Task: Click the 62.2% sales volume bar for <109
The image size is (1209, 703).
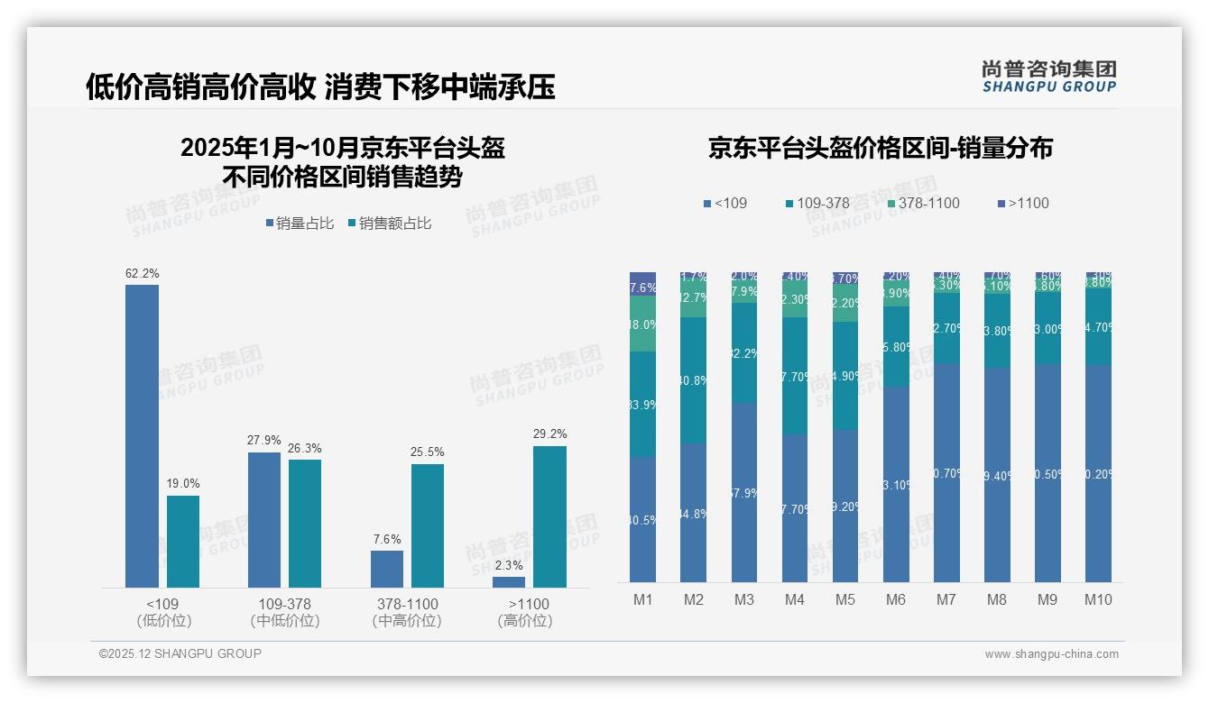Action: pyautogui.click(x=142, y=436)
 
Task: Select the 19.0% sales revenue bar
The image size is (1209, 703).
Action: pyautogui.click(x=183, y=542)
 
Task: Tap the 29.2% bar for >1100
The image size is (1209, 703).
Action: pyautogui.click(x=549, y=516)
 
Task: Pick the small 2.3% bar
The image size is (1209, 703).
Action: pyautogui.click(x=509, y=582)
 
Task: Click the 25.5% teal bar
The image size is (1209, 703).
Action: pyautogui.click(x=428, y=525)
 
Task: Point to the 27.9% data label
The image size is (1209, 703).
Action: pyautogui.click(x=264, y=441)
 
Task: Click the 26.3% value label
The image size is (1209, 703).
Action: pyautogui.click(x=305, y=448)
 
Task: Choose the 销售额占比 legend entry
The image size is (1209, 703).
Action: pyautogui.click(x=389, y=224)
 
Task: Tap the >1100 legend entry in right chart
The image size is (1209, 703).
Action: pyautogui.click(x=1023, y=204)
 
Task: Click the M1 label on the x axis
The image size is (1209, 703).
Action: pyautogui.click(x=642, y=599)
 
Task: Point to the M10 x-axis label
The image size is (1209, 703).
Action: pyautogui.click(x=1098, y=599)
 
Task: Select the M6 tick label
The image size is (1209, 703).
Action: pyautogui.click(x=896, y=599)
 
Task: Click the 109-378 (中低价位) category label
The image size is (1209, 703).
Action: pyautogui.click(x=285, y=612)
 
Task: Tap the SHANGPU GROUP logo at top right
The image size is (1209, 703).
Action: pyautogui.click(x=1049, y=77)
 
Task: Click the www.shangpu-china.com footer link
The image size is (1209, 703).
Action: pyautogui.click(x=1051, y=654)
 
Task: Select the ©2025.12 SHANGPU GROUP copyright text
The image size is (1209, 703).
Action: pyautogui.click(x=180, y=653)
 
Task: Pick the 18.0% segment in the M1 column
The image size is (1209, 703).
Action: pyautogui.click(x=642, y=324)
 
